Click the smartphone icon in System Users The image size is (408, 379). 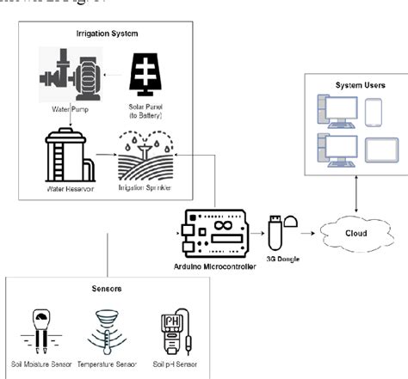tap(373, 113)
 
